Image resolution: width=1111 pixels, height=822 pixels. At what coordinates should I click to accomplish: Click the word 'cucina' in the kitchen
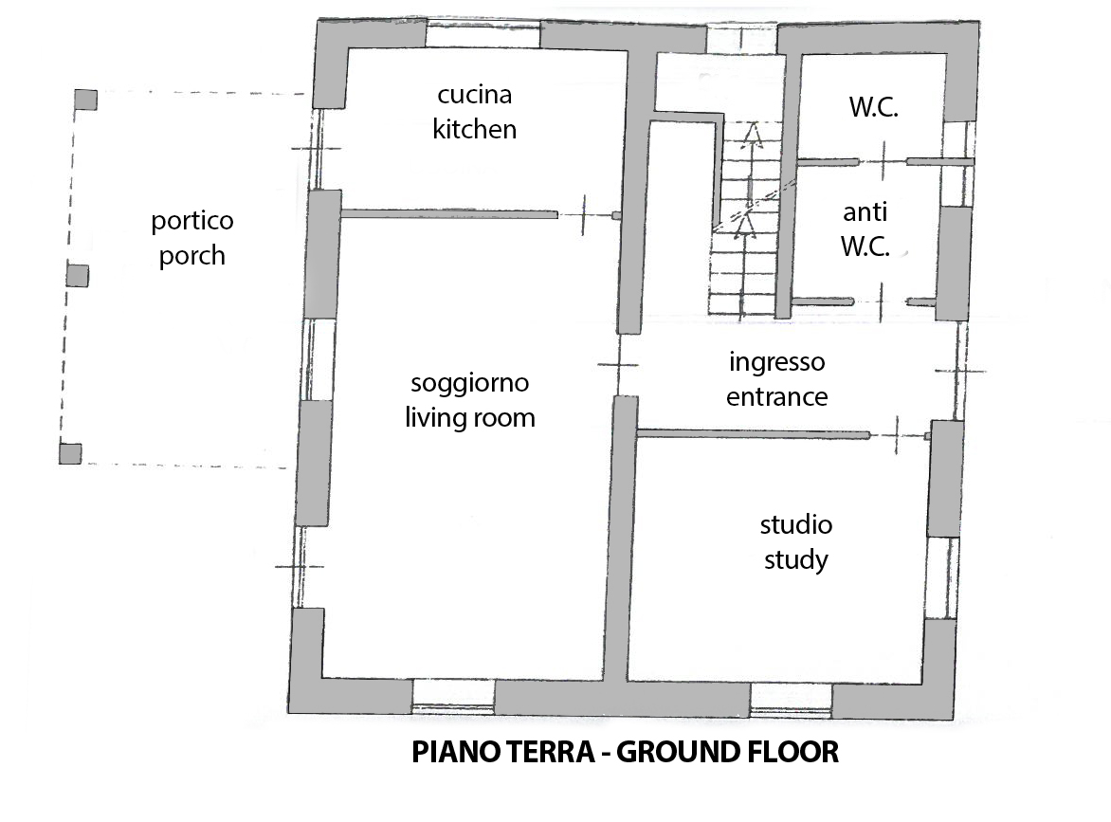(x=474, y=95)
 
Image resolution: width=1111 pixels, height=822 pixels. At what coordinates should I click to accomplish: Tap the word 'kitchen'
(x=474, y=129)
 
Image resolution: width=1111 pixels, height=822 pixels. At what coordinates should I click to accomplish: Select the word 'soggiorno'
(x=470, y=383)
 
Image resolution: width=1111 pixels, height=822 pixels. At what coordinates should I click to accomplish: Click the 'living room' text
(x=470, y=417)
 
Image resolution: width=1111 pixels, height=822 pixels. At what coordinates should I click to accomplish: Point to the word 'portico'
(x=192, y=221)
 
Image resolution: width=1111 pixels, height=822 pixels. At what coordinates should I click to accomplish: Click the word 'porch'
(x=192, y=256)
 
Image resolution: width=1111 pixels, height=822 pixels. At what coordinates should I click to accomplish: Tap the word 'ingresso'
(x=776, y=363)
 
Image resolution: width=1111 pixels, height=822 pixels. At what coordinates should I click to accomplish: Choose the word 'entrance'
(x=776, y=397)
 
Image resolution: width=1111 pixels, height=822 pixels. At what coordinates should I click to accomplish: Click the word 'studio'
(x=795, y=525)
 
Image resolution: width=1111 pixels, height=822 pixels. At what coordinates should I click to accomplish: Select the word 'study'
(x=795, y=560)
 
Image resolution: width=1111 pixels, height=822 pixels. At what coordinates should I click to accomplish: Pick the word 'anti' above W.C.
(x=865, y=211)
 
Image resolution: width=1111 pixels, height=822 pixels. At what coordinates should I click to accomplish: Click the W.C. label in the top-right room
(x=874, y=107)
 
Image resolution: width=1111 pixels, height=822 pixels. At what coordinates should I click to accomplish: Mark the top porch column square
(x=85, y=100)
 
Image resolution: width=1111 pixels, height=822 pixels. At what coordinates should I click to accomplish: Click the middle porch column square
(x=77, y=275)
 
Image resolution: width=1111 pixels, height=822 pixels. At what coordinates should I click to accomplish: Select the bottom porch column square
(x=70, y=453)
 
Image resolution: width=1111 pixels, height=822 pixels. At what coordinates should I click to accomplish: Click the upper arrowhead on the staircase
(x=753, y=135)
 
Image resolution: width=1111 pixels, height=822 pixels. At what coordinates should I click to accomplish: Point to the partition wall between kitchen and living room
(x=449, y=214)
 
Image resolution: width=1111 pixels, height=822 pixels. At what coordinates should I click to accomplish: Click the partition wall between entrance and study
(x=754, y=433)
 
